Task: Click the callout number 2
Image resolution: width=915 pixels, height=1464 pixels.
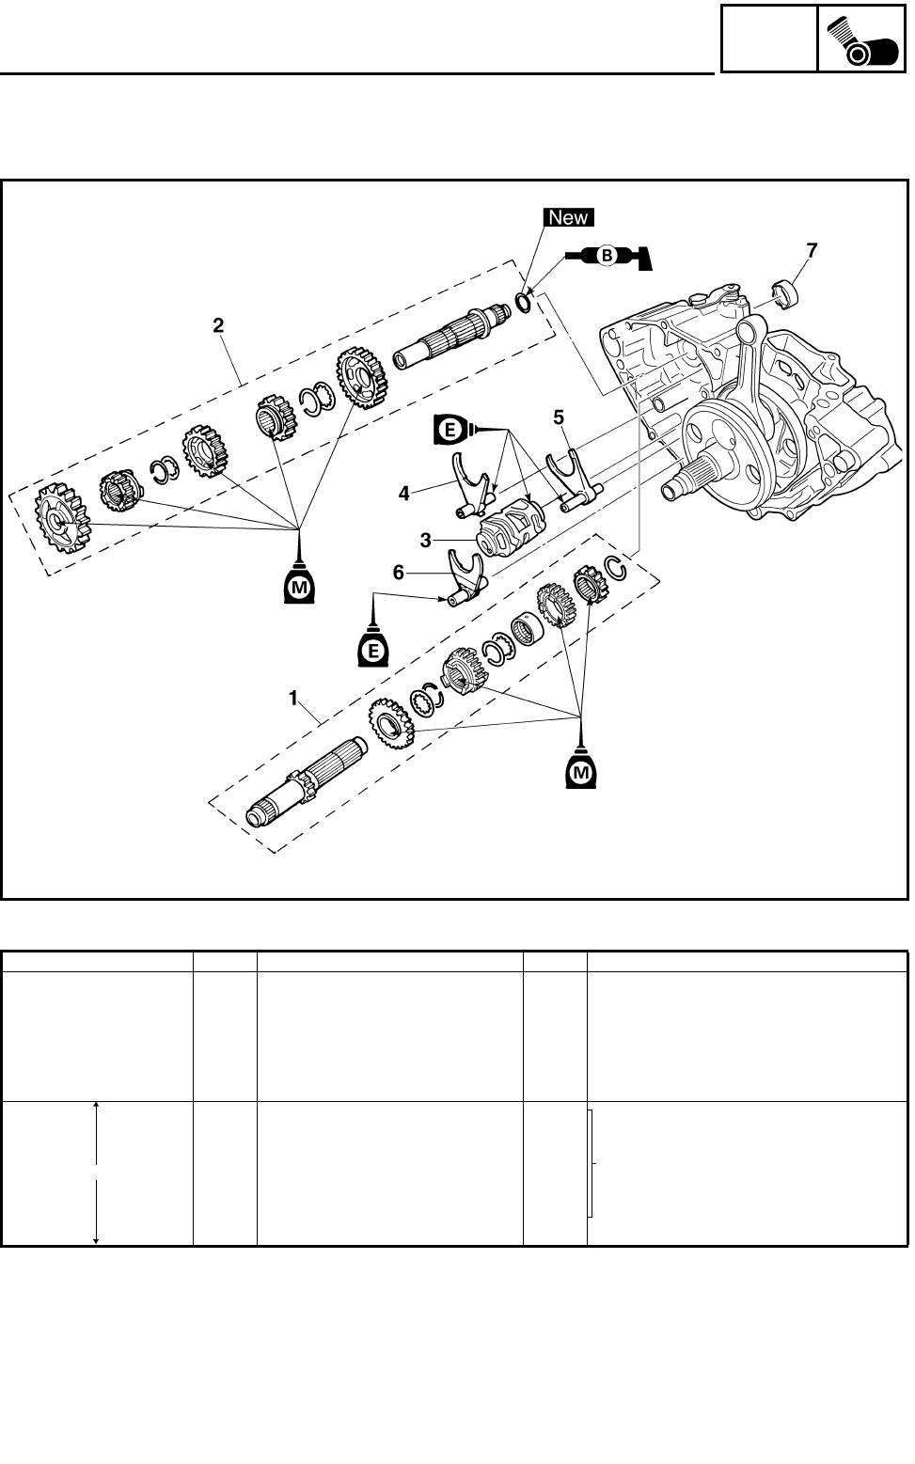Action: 218,325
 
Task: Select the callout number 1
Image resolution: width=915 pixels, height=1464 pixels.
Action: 293,698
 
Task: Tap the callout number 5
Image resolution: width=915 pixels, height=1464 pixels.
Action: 558,415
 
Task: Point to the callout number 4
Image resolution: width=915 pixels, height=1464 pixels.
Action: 403,492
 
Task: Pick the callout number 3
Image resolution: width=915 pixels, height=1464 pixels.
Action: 426,541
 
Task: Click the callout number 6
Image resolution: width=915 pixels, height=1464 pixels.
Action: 399,572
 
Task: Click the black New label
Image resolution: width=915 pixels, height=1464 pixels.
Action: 568,217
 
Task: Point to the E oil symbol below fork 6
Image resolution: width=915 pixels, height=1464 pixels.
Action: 373,648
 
